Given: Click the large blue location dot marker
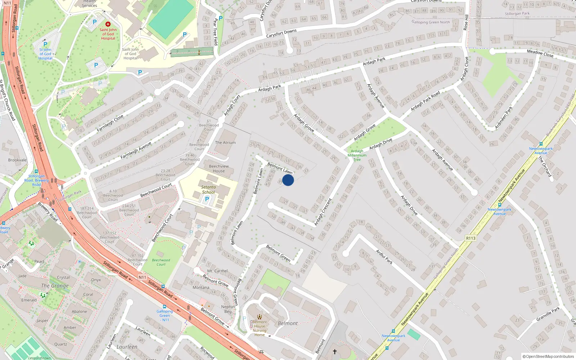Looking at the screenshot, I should coord(288,180).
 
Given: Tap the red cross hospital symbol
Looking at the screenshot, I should coord(108,24).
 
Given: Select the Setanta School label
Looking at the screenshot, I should coord(208,189).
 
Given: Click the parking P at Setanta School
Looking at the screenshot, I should coord(207,199).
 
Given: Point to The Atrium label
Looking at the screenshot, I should coord(225,143).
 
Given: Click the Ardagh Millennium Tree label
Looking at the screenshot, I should coord(357,155).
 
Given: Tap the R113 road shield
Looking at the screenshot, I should coord(471,238).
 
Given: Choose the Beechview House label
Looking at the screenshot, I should coord(219,168).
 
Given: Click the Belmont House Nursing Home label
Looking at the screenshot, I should coord(260,328).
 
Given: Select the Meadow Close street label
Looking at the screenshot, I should coord(540,54).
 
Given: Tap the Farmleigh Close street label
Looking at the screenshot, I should coord(110,123).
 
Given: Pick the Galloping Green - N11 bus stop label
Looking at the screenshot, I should coord(165,315).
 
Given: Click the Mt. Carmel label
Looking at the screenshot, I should coord(217,271).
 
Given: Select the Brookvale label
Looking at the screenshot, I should coord(17,160).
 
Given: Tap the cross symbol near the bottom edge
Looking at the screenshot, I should coord(335,352).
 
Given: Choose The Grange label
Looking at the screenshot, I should coord(55,286).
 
